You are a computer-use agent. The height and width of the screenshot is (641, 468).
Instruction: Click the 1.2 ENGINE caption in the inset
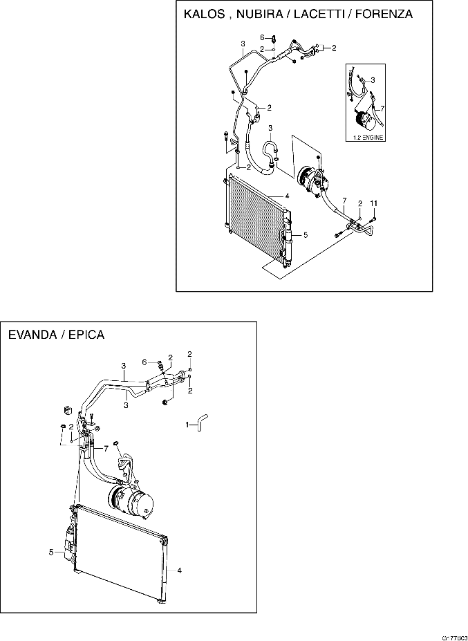(364, 138)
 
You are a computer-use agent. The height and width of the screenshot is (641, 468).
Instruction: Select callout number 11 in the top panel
(373, 202)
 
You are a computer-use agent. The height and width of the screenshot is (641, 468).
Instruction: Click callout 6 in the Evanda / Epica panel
(144, 362)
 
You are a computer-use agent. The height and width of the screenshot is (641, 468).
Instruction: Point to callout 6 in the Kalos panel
(262, 37)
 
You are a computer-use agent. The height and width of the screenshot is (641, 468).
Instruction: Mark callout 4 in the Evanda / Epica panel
(179, 571)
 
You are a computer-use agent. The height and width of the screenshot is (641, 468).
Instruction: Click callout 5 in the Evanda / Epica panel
(51, 552)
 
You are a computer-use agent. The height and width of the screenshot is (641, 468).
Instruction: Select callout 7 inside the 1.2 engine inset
(382, 109)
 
